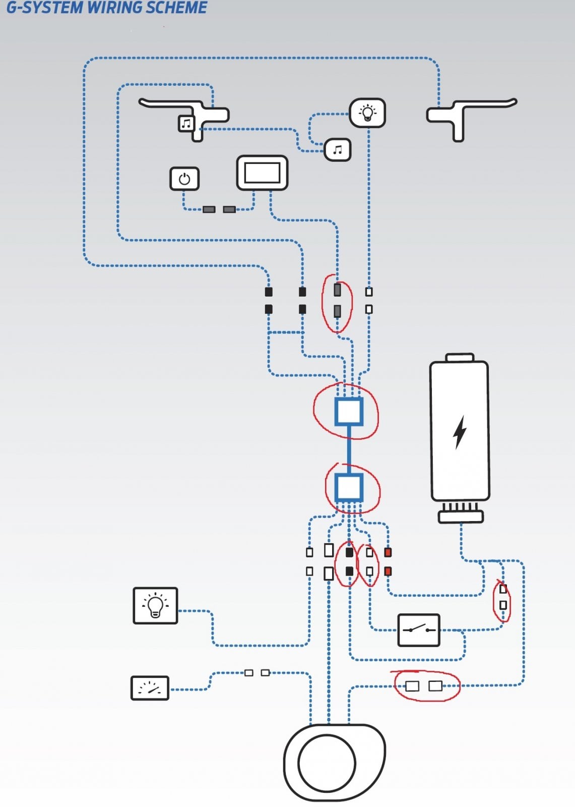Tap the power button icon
(x=184, y=179)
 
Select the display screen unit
(x=262, y=172)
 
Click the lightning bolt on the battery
(x=460, y=432)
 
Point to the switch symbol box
(x=419, y=630)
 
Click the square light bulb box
(x=155, y=606)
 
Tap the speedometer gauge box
(x=150, y=688)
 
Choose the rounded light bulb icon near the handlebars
(x=367, y=113)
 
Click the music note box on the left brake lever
(x=186, y=124)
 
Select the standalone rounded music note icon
(x=337, y=149)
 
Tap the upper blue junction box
(x=349, y=412)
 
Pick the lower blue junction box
(x=349, y=487)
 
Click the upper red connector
(x=388, y=553)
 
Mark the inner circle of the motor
(x=327, y=763)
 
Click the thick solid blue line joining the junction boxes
(x=349, y=449)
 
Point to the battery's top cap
(x=460, y=358)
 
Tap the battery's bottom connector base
(x=461, y=517)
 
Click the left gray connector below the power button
(x=209, y=209)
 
